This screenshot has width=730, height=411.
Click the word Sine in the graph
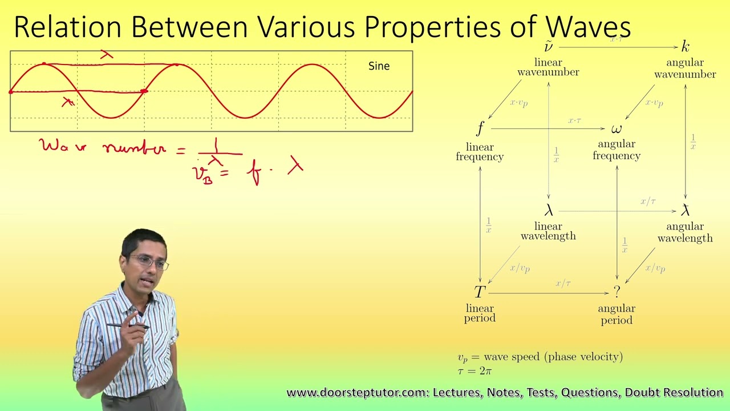(379, 66)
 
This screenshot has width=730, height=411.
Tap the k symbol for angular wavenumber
(686, 47)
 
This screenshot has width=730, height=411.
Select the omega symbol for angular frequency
(617, 129)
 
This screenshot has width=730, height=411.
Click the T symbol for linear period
(480, 292)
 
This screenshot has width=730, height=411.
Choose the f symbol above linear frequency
(480, 128)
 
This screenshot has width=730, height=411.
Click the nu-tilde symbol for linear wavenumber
(548, 46)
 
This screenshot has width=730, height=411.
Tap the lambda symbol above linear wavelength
(549, 211)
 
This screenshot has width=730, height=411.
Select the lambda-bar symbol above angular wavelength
(686, 211)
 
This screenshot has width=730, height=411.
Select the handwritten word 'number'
(135, 148)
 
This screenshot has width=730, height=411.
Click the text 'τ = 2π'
(474, 371)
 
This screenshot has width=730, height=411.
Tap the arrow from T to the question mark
(548, 293)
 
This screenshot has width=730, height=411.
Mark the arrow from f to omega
(547, 129)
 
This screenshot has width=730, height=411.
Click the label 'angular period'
(617, 314)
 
